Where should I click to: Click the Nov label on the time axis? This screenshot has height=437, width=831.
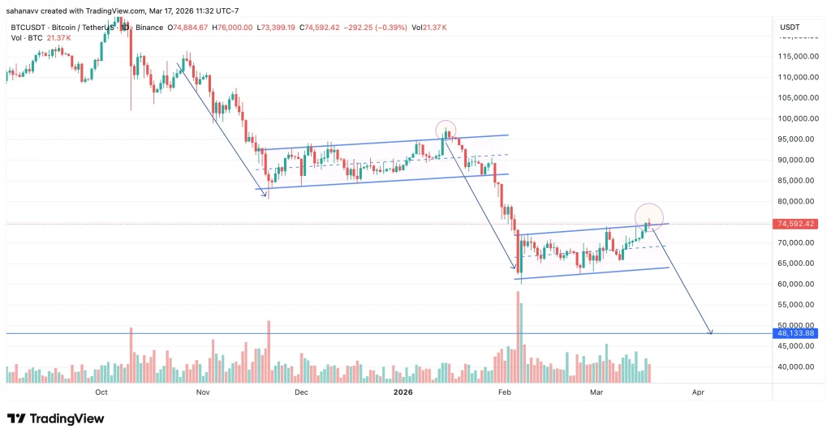[203, 392]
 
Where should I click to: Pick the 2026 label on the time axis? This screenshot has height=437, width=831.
[403, 392]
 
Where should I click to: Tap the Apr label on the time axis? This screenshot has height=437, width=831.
[697, 392]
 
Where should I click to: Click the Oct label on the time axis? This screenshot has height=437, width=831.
[101, 392]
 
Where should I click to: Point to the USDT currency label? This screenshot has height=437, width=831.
[790, 27]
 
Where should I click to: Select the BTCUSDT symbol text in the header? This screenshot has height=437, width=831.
[28, 27]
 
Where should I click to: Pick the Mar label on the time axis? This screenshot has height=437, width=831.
[597, 392]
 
